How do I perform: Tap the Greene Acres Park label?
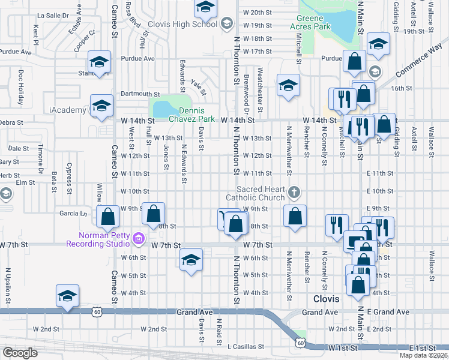310,22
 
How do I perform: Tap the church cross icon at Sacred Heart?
294,193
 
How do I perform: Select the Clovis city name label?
327,298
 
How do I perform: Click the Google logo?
20,353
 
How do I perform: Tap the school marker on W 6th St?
191,259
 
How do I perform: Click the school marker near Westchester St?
288,85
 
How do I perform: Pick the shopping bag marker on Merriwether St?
295,217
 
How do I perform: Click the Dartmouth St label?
140,94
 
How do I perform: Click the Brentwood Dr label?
246,95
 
